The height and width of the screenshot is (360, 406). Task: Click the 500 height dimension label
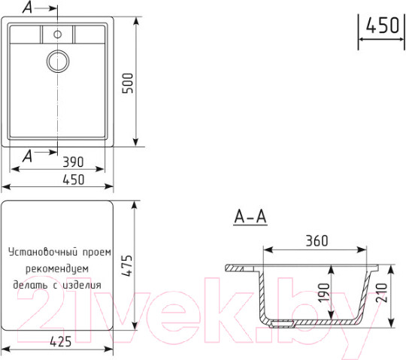[128, 83]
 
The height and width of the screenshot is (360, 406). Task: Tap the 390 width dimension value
[73, 162]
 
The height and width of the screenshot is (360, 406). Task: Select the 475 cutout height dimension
[128, 265]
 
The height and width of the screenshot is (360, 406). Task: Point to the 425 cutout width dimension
[61, 342]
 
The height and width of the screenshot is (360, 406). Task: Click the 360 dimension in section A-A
[317, 241]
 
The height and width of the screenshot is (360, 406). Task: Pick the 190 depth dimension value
[323, 293]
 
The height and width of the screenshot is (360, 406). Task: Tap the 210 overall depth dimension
[382, 292]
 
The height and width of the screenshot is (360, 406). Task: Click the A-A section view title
[250, 216]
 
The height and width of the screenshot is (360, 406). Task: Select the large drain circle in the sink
[58, 61]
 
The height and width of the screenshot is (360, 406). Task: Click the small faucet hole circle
[57, 34]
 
